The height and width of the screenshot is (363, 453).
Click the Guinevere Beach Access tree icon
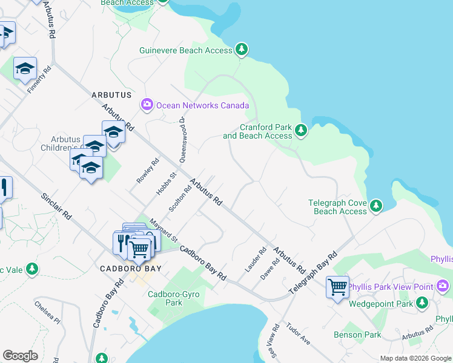pyautogui.click(x=242, y=50)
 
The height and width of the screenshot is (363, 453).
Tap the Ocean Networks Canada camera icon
pyautogui.click(x=147, y=105)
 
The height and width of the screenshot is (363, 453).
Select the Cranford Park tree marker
pyautogui.click(x=300, y=130)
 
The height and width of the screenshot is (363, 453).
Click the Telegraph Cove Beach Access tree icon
pyautogui.click(x=376, y=206)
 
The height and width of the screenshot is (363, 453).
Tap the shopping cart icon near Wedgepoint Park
pyautogui.click(x=337, y=287)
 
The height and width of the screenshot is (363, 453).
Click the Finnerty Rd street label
pyautogui.click(x=39, y=80)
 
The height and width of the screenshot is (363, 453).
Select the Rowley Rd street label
pyautogui.click(x=148, y=171)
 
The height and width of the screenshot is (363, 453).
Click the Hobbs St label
pyautogui.click(x=165, y=183)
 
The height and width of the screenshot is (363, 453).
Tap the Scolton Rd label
pyautogui.click(x=180, y=198)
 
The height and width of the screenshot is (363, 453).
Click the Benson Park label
pyautogui.click(x=357, y=335)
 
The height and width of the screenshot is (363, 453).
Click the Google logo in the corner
pyautogui.click(x=20, y=356)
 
